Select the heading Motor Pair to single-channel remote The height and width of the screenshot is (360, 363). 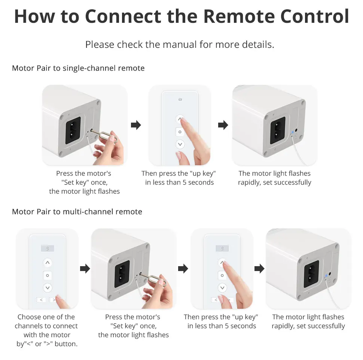[78, 68]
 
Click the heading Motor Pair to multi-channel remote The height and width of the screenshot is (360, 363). [77, 212]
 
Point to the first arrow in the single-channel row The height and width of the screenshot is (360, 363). [136, 125]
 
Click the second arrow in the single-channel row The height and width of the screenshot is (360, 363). [223, 125]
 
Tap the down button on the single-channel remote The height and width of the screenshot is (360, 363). [180, 144]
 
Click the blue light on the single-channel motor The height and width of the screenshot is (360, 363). [292, 133]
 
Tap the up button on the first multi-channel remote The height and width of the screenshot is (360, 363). [47, 262]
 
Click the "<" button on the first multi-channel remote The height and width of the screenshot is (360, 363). [41, 299]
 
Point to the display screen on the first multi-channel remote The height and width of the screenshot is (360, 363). [47, 248]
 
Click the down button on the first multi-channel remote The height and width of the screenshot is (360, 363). [47, 288]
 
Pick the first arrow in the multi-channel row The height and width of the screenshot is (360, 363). [85, 268]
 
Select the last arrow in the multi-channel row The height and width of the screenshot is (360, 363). [259, 268]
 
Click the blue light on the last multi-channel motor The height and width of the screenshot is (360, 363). [326, 276]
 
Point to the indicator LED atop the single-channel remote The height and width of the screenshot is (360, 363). [180, 100]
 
